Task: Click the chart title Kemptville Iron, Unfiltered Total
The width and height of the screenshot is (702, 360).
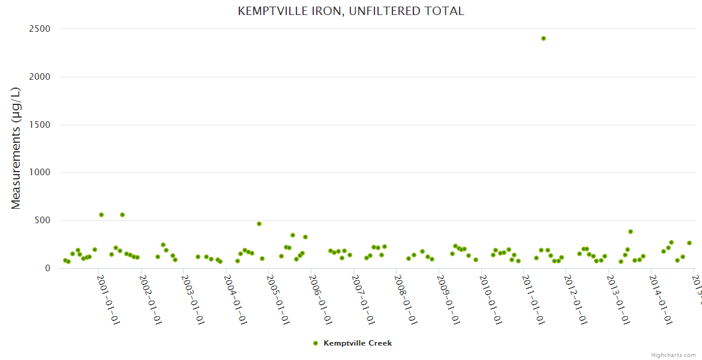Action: coord(351,11)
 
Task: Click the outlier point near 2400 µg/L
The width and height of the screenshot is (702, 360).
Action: coord(544,38)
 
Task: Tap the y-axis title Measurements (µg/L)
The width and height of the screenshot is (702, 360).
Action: coord(16,148)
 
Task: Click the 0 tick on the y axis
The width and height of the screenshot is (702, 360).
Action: coord(47,268)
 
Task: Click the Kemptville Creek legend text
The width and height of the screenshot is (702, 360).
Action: coord(358,343)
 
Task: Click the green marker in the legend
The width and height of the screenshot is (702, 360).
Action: coord(316,343)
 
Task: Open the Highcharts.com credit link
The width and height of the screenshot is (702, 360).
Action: coord(673,355)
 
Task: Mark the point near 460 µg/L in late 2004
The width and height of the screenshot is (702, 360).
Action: coord(259,224)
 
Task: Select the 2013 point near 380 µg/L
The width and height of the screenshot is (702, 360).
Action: coord(631,232)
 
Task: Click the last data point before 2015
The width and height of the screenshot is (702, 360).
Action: coord(689,243)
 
